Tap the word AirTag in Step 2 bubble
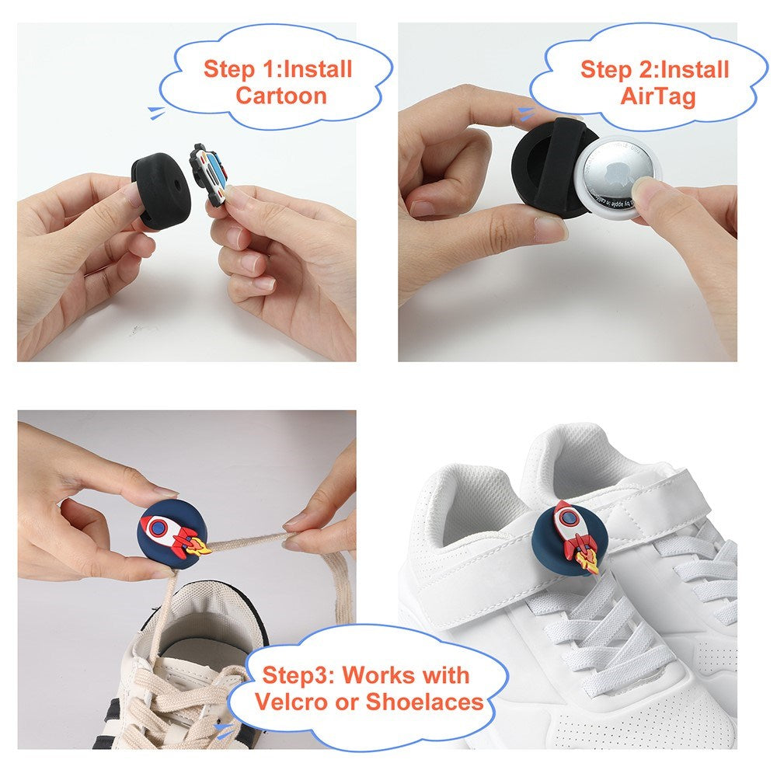(x=657, y=96)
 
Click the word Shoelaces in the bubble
(x=424, y=702)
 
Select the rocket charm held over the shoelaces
(x=172, y=535)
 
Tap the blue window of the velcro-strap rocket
(x=565, y=515)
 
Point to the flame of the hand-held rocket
(x=200, y=546)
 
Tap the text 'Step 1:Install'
(x=278, y=68)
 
